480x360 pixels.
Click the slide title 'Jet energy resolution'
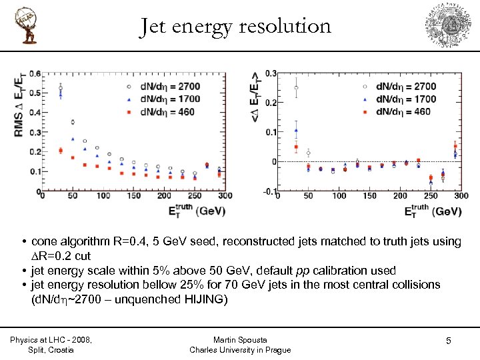[235, 26]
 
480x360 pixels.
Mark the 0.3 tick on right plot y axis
[272, 73]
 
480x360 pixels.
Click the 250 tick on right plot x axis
[431, 197]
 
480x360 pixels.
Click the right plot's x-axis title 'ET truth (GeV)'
[433, 211]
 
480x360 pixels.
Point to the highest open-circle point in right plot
[296, 87]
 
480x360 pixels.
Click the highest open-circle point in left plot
[61, 88]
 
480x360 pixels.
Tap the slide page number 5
[448, 341]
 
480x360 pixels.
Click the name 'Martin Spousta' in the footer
[240, 339]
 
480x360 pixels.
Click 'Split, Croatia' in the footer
[51, 349]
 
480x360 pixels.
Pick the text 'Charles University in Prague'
[240, 350]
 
